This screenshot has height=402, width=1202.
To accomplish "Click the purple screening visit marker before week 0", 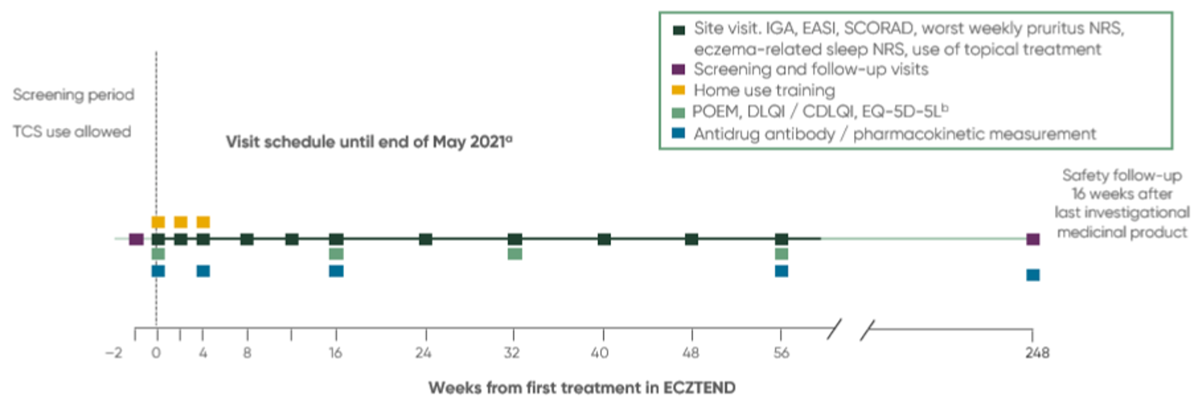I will [x=136, y=239].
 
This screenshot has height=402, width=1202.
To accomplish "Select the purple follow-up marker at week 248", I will [x=1032, y=239].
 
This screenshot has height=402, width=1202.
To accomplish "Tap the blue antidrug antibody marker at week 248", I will [x=1032, y=275].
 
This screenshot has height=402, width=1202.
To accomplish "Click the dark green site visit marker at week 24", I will [x=425, y=239].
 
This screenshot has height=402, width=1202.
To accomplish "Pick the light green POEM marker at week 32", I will [x=515, y=254].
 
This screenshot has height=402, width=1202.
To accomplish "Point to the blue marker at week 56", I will [x=781, y=271].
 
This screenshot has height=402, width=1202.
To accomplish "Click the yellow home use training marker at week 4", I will [x=203, y=222].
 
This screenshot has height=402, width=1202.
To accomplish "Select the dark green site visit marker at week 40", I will [x=603, y=239].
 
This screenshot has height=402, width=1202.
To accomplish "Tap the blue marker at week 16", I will [x=336, y=271].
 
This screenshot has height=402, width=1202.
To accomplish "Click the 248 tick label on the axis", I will [x=1032, y=353].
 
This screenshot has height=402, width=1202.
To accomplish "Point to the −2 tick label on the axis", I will [x=114, y=353].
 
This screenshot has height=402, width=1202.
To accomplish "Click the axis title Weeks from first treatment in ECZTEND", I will [x=581, y=388].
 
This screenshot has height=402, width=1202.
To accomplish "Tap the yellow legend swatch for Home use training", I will [x=680, y=90].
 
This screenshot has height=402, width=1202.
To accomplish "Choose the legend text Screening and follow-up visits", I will [x=811, y=69].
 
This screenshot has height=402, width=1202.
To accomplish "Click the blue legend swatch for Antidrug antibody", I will [x=680, y=134].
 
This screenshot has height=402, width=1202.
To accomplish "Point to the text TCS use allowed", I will [x=71, y=132].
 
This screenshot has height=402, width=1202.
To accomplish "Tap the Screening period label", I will [x=73, y=95].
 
